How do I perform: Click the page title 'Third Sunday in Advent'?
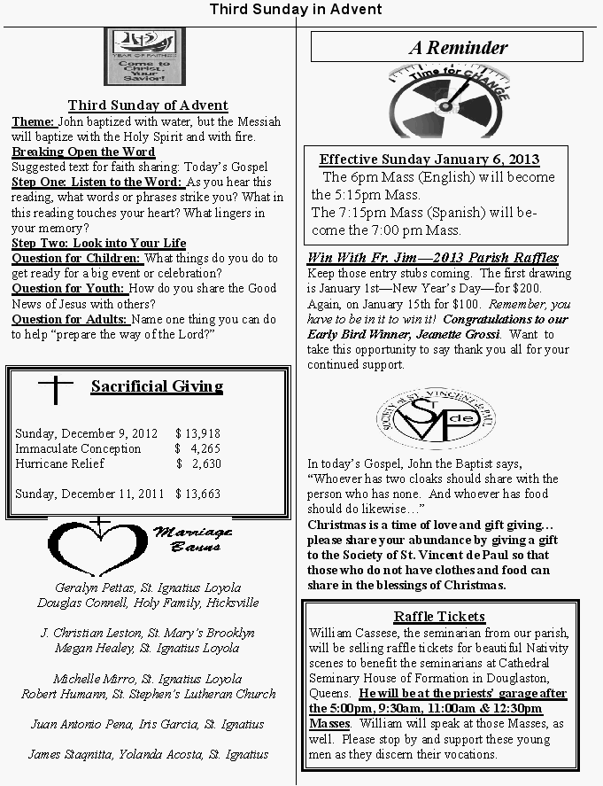(296, 10)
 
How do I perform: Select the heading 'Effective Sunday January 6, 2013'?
(429, 160)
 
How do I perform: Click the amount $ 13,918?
(197, 433)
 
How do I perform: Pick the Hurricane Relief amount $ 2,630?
(199, 463)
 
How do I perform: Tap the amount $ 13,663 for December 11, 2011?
(197, 494)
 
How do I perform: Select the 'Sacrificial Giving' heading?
(157, 386)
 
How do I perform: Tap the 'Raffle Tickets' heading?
(439, 616)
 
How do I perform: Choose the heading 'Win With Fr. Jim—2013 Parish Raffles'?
(433, 258)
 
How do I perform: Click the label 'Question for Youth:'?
(70, 288)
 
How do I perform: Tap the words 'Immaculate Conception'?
(78, 448)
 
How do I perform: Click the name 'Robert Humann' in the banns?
(64, 694)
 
